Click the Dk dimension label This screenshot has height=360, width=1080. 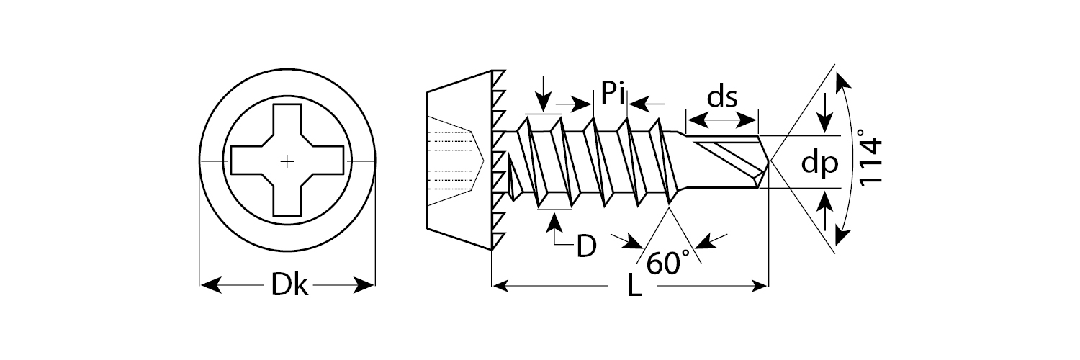coord(289,286)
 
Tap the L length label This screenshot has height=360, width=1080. coord(634,287)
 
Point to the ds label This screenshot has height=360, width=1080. coord(721,97)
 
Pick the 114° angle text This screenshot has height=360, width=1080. coord(871,160)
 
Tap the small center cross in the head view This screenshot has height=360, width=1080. coord(287,161)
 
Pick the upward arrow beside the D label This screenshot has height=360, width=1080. coord(554,224)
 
